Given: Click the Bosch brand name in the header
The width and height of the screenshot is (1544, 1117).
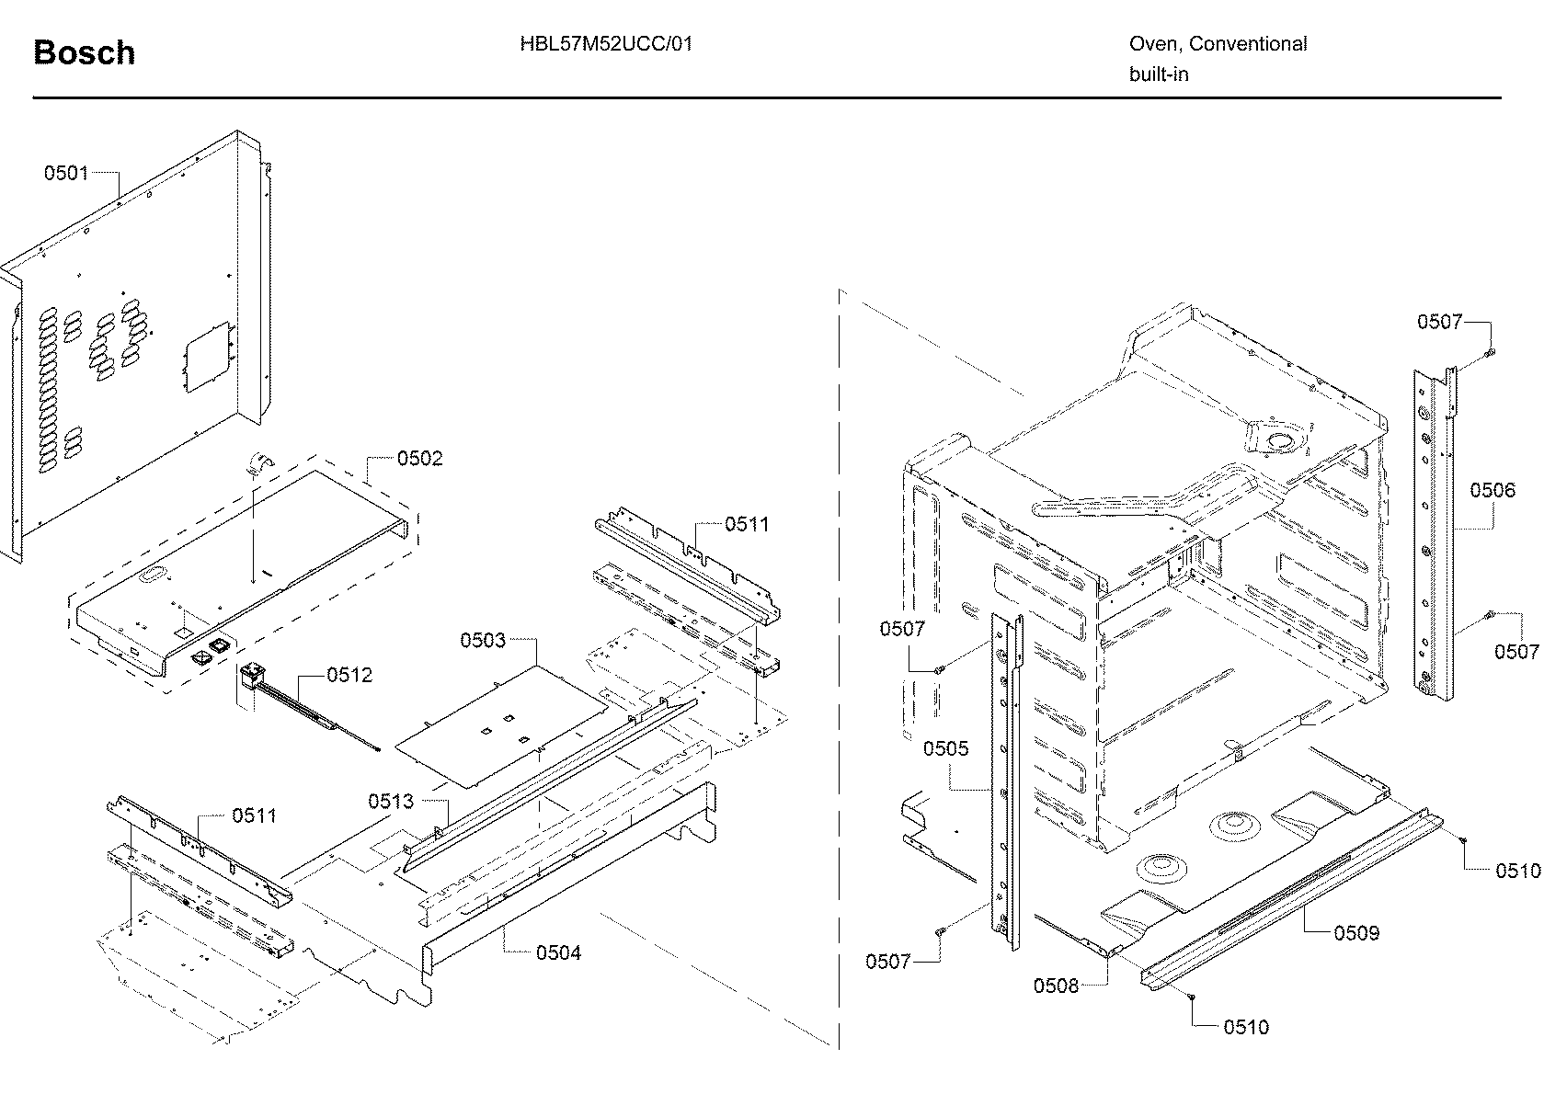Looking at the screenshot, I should point(84,53).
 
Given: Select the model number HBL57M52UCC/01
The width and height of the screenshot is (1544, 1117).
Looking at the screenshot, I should point(605,43).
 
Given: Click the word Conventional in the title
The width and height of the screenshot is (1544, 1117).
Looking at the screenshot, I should point(1248,43).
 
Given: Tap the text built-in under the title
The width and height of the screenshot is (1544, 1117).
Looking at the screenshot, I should point(1159,74).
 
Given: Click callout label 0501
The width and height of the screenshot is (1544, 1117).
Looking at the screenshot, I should point(66,173).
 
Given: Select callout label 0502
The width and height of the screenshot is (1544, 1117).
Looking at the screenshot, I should point(419,458).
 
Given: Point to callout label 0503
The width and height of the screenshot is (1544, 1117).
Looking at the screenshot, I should point(483,640).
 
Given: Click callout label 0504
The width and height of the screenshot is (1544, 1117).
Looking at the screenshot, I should point(558,952).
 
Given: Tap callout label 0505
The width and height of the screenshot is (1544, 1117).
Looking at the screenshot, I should point(945,748).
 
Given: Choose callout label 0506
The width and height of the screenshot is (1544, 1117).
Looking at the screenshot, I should point(1492,490).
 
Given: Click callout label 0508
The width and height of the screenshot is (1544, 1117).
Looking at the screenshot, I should point(1056,986).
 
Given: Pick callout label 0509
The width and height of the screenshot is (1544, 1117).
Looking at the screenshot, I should point(1356,933).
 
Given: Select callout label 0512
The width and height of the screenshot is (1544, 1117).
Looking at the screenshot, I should point(349,675).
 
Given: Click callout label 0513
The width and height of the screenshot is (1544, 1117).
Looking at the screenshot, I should point(391,802).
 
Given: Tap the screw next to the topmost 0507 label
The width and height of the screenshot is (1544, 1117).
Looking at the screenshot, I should point(1491,353).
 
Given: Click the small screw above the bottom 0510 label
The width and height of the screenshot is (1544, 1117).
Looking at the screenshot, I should point(1191,997).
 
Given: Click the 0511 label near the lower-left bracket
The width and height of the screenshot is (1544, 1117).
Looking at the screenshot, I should point(254,815).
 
